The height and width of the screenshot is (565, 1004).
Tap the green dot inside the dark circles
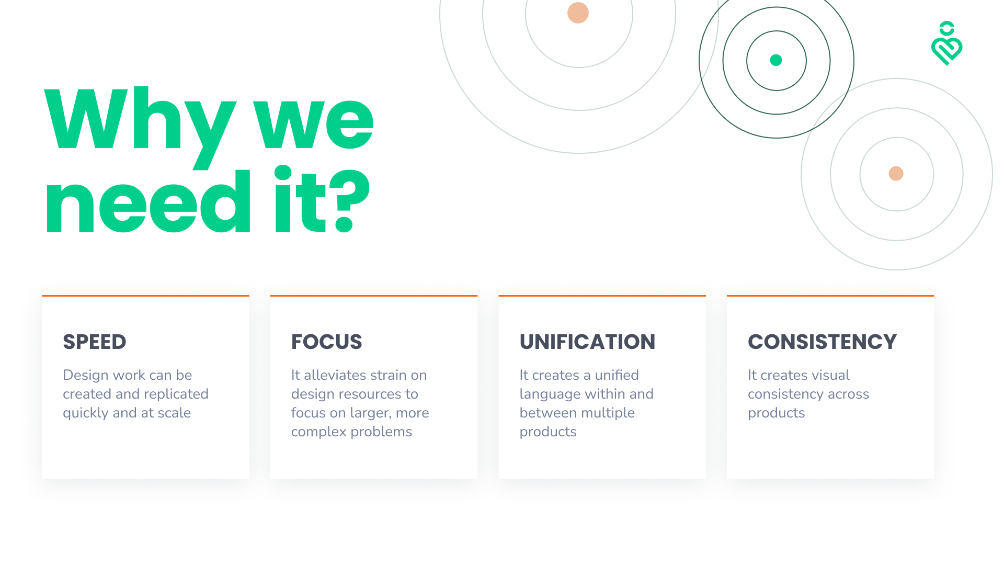pos(776,60)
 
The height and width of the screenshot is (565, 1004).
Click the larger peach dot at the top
pos(578,13)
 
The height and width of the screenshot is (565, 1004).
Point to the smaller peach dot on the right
pos(896,173)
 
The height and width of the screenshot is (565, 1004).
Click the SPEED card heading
pos(95,342)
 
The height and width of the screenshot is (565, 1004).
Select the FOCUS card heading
pos(326,342)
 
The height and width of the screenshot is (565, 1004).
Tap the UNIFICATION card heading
pos(587,342)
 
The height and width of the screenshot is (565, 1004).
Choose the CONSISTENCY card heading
pos(822,342)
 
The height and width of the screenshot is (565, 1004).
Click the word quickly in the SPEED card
pos(86,413)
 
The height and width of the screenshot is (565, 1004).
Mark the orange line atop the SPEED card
pos(145,296)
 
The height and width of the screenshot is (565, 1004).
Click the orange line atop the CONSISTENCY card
pos(830,296)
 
